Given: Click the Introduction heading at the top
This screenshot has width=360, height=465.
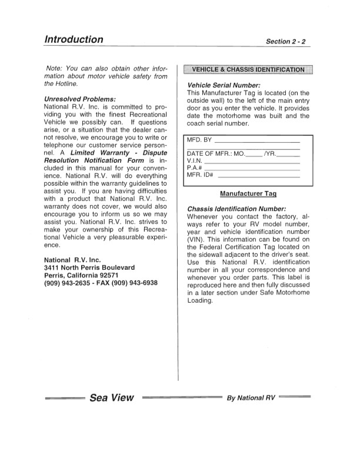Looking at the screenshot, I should click(x=74, y=39).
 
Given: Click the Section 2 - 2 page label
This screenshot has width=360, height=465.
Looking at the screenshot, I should click(x=288, y=42).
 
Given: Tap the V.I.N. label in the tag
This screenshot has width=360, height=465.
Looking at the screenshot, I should click(x=194, y=160).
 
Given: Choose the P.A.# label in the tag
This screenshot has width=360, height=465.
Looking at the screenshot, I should click(x=194, y=167).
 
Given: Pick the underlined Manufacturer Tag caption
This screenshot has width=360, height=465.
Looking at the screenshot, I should click(x=248, y=193).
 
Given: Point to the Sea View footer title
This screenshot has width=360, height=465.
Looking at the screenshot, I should click(x=112, y=398).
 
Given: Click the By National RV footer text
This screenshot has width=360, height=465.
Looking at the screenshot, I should click(x=251, y=399).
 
